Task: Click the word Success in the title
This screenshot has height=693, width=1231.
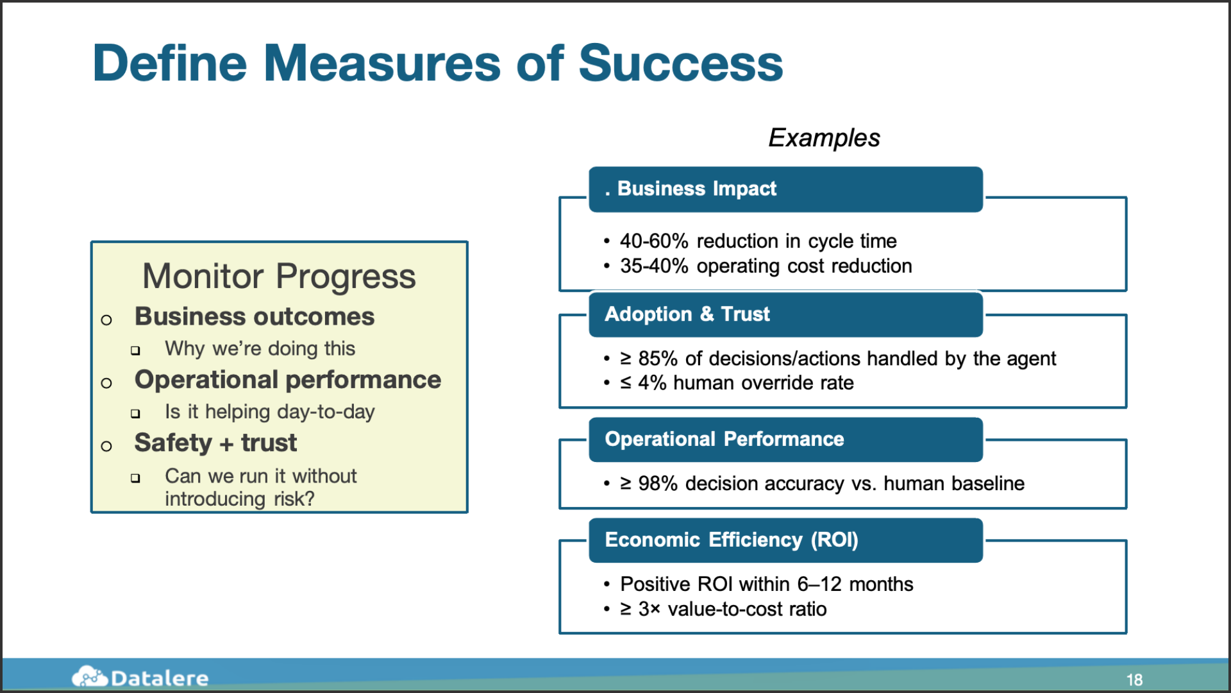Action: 681,64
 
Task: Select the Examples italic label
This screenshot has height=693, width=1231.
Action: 824,138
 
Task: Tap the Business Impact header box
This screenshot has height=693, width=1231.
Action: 785,189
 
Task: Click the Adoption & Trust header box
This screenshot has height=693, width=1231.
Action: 785,314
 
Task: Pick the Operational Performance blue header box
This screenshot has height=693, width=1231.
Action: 785,440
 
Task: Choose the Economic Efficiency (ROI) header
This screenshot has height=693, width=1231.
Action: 785,540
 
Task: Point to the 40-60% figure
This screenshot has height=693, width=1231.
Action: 654,241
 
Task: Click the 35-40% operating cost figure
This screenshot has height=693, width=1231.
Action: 654,266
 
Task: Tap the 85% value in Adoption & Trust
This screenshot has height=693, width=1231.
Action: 658,359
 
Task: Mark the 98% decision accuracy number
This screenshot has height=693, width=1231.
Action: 658,484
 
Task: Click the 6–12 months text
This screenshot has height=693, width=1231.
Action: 855,585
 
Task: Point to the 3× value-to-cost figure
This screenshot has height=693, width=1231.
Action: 649,610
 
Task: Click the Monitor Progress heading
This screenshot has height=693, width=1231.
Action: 279,277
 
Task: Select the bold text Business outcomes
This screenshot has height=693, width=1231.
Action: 255,317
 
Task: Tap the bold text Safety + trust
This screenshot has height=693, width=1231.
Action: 215,443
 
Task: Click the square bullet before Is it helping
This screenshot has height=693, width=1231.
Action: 135,413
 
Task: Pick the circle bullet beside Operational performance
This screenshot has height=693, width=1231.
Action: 106,383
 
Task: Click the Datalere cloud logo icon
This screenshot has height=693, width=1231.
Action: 89,676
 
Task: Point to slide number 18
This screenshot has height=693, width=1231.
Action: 1134,680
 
